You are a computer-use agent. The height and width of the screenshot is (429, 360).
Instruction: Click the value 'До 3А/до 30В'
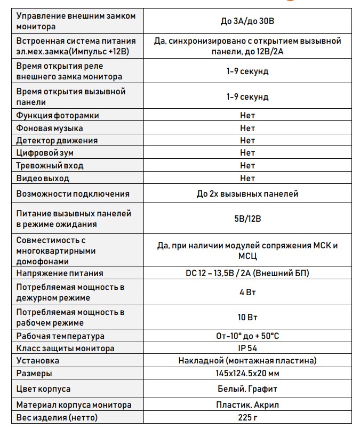tap(247, 21)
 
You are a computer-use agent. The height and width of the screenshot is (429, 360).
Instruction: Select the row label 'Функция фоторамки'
tap(58, 116)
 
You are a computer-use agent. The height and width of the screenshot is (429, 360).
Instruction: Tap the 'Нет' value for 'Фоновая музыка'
tap(247, 128)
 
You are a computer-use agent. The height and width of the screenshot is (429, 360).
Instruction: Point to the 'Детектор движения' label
tap(57, 141)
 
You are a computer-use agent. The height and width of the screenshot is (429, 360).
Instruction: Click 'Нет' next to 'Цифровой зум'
tap(247, 153)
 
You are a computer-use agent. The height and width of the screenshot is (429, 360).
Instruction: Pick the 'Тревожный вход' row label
tap(50, 166)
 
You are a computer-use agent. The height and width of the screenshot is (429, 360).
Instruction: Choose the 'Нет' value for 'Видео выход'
tap(247, 179)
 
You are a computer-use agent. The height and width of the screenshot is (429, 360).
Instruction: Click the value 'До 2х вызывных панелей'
tap(247, 194)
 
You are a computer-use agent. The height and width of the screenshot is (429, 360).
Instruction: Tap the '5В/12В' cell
tap(247, 218)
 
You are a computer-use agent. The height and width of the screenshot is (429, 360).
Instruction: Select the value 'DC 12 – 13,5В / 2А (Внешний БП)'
tap(247, 273)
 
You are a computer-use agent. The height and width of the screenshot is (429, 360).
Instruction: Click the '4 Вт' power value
tap(247, 293)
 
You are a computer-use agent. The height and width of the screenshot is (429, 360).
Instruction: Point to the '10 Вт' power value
tap(247, 317)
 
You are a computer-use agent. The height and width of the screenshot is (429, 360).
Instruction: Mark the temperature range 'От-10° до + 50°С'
tap(247, 336)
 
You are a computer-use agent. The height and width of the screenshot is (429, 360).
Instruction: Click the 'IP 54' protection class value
tap(247, 349)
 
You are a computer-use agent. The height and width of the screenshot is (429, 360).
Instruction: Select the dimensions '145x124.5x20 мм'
tap(247, 374)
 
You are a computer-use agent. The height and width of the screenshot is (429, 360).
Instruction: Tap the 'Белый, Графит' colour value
tap(247, 389)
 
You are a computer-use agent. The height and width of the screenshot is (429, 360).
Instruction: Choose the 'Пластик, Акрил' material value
tap(247, 405)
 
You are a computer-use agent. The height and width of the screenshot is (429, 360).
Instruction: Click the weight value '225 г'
tap(247, 417)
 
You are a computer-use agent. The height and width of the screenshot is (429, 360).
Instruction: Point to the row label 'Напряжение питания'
tap(60, 273)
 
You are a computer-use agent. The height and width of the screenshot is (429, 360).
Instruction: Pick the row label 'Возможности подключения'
tap(73, 194)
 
